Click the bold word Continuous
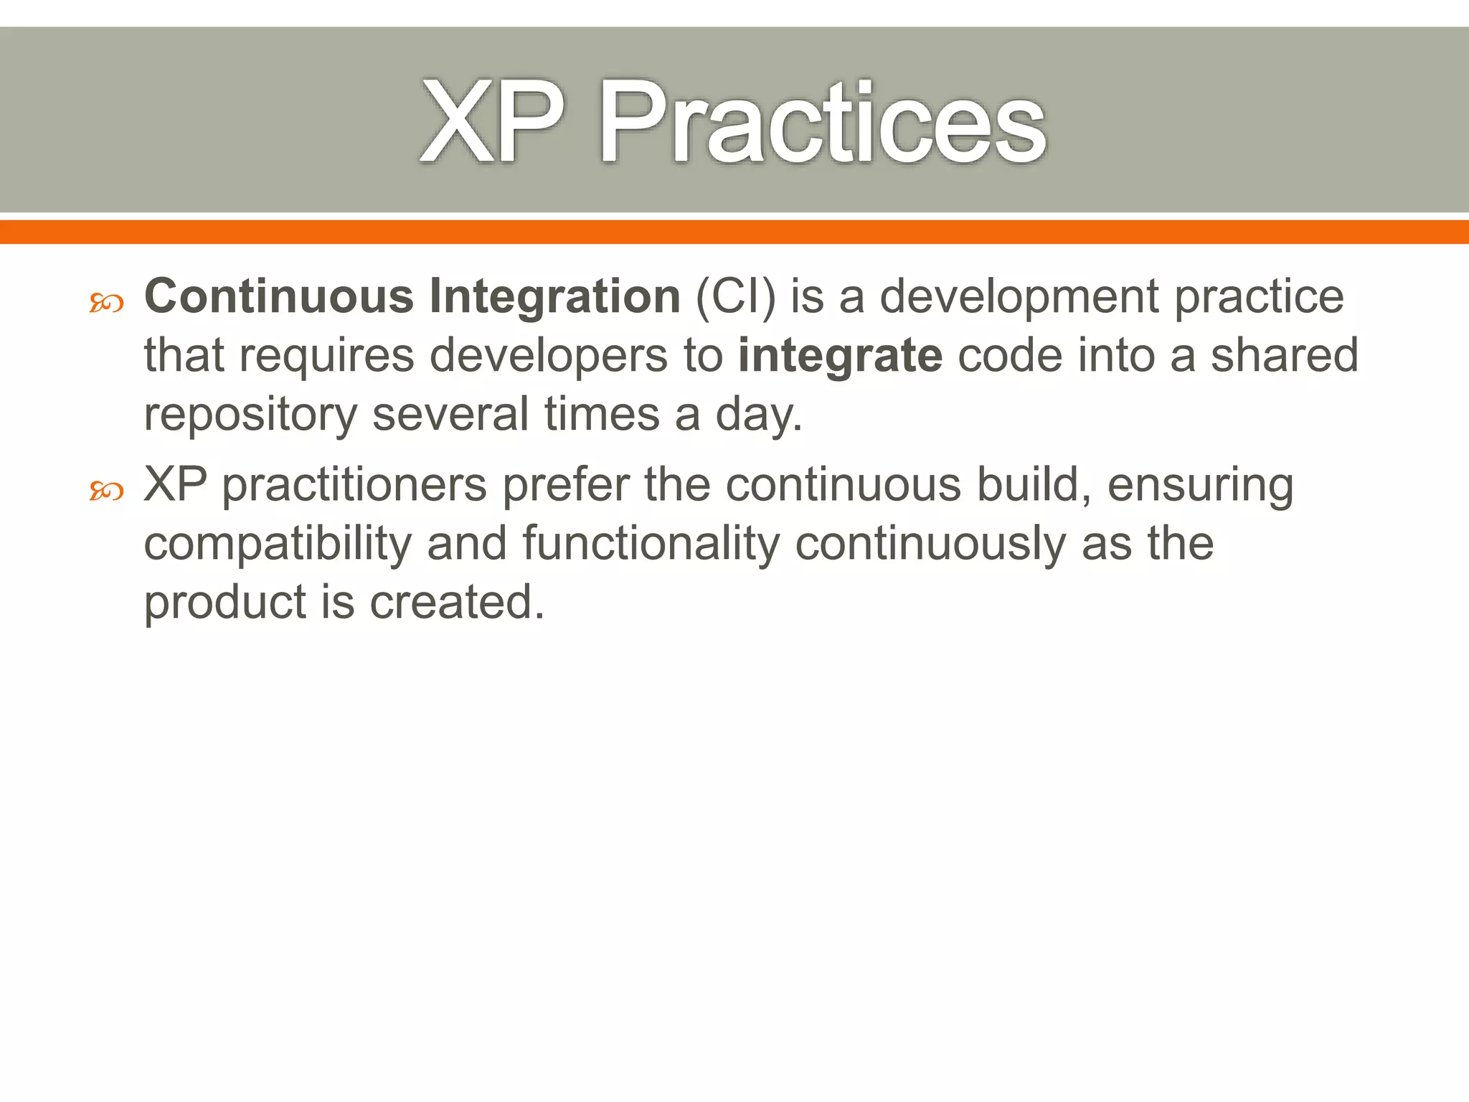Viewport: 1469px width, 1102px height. pos(279,296)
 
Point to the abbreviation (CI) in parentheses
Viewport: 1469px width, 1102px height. pos(735,296)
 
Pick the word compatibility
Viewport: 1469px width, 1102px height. pos(278,544)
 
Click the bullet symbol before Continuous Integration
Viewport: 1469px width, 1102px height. pos(106,303)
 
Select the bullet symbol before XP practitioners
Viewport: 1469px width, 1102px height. pos(106,491)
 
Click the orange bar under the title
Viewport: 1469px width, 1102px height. pos(734,232)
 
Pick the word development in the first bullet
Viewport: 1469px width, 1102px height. pos(1019,296)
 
